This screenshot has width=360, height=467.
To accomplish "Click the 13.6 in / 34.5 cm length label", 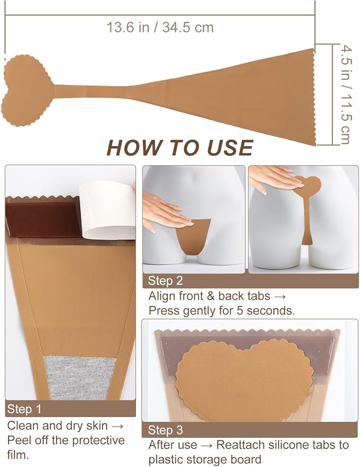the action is coord(160,28).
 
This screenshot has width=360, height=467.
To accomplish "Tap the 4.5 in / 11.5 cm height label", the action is coord(346,95).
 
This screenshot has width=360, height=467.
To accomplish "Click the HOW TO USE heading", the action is coord(180,148).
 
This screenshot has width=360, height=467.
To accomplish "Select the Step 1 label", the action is coord(24,409).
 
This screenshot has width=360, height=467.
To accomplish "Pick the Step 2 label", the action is coord(165,281).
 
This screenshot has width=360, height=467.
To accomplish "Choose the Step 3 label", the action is coord(165,430).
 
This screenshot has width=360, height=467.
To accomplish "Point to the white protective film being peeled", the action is coord(108,210).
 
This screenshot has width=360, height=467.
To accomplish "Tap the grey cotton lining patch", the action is coord(80,377).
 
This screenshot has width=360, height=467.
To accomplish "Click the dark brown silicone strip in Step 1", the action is coord(43,219).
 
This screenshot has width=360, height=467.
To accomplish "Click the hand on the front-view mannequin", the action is coord(165,213).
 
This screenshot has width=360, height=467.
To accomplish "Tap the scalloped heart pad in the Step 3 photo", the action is coord(244,380).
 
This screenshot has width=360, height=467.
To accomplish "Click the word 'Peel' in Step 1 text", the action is coord(19,440).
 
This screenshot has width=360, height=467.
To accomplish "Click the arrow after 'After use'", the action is coord(207,445).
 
